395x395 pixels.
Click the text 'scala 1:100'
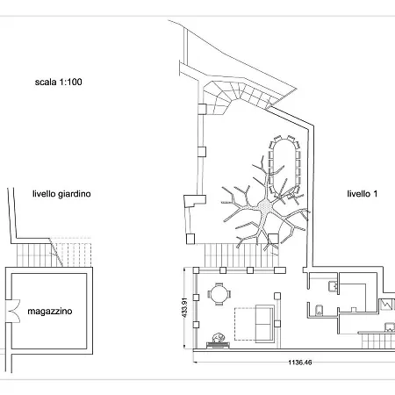[x=58, y=82]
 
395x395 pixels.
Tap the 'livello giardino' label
[x=61, y=194]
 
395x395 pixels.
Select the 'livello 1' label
[x=362, y=194]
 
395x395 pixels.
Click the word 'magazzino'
[x=50, y=311]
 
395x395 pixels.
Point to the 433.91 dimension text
[x=184, y=307]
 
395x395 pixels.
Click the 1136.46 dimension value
[x=300, y=363]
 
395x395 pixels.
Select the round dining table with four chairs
[x=219, y=294]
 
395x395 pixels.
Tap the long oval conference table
[x=284, y=165]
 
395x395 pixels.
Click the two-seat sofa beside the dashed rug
[x=264, y=324]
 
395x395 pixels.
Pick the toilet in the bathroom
[x=319, y=310]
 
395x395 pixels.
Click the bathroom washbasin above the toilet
[x=333, y=286]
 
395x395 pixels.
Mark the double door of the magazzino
[x=13, y=311]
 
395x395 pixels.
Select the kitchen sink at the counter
[x=390, y=327]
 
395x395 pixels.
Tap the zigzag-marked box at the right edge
[x=387, y=305]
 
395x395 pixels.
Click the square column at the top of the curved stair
[x=202, y=109]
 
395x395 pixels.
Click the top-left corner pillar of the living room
[x=196, y=270]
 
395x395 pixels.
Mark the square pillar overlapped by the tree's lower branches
[x=273, y=239]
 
